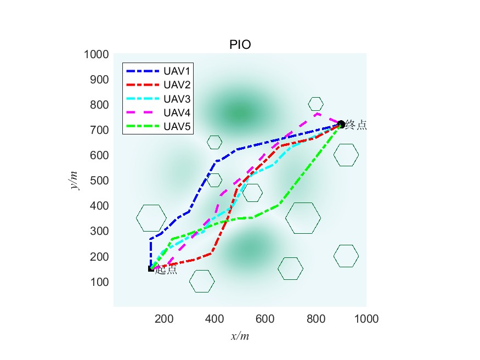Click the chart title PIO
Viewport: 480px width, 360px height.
coord(240,45)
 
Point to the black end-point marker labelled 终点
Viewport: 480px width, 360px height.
coord(341,124)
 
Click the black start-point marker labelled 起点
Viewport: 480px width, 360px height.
coord(151,268)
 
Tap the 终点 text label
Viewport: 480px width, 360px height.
coord(355,126)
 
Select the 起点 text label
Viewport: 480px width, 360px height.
coord(166,270)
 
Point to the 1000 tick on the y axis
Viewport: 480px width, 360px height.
coord(96,54)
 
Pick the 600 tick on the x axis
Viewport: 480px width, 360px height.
coord(265,318)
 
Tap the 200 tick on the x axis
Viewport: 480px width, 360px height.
coord(164,318)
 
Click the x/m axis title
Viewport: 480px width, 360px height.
coord(240,335)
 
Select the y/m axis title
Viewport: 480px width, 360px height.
coord(75,180)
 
